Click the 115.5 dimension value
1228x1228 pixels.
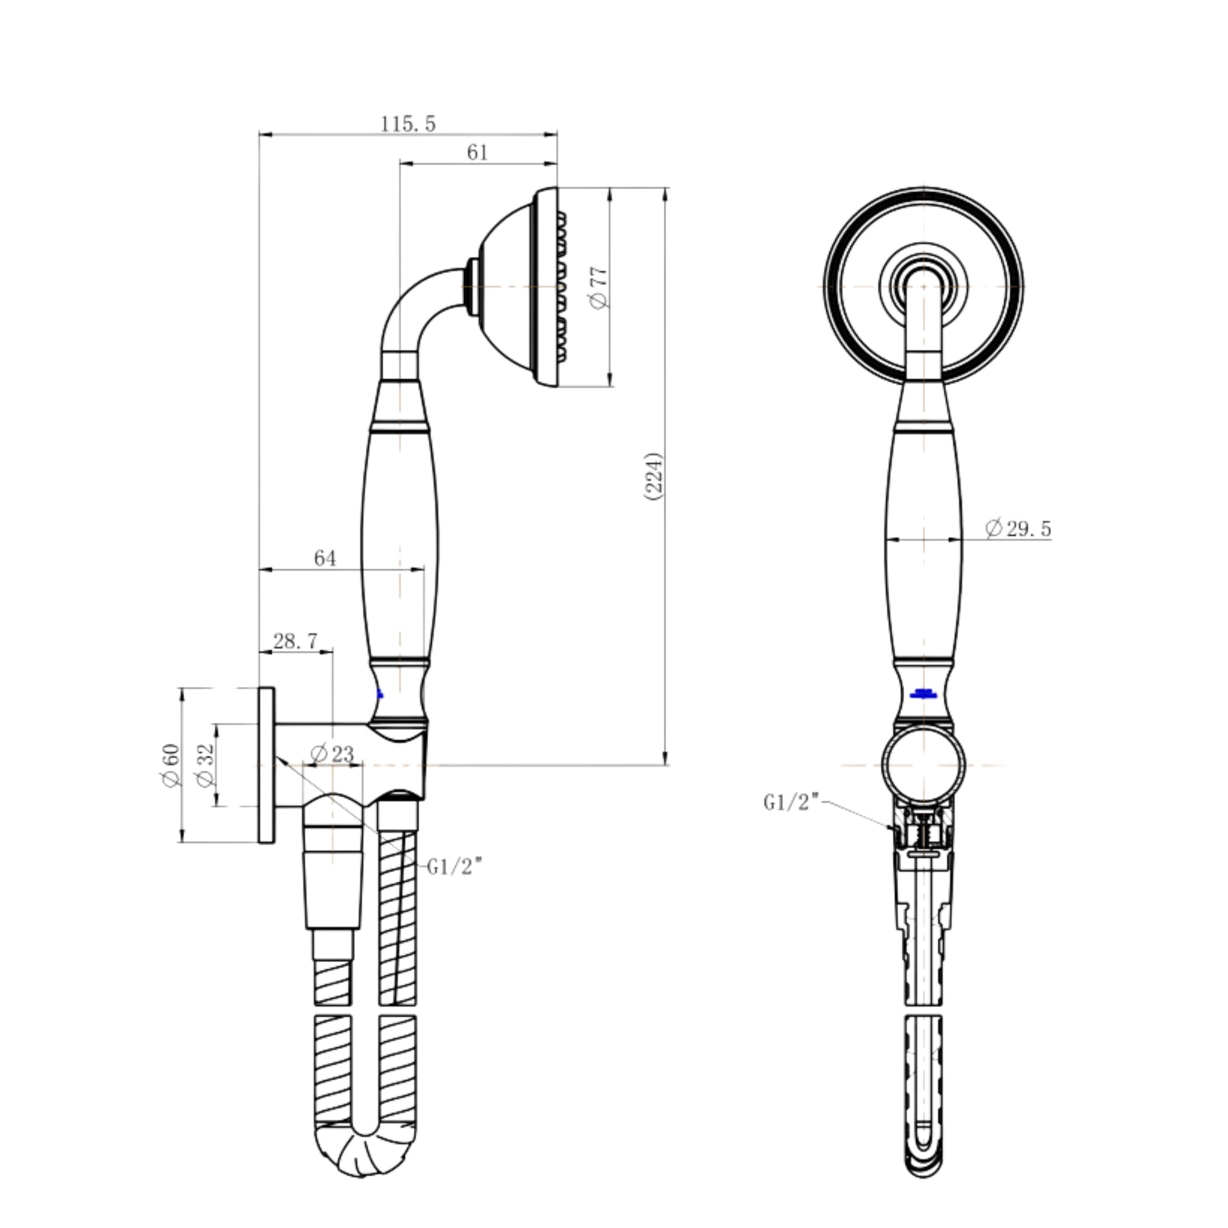click(x=408, y=124)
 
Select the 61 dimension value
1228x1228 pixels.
click(x=477, y=153)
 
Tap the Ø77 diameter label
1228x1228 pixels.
click(x=600, y=288)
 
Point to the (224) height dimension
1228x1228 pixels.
click(x=654, y=477)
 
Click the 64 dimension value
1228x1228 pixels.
click(x=325, y=559)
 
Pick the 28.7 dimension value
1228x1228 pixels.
click(x=295, y=642)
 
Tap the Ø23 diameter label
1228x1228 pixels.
click(x=332, y=754)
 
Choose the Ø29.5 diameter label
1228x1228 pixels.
click(x=1018, y=528)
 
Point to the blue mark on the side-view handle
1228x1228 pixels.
click(x=380, y=695)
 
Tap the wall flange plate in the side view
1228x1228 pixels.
click(x=266, y=765)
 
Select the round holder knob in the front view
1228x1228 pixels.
click(x=923, y=765)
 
